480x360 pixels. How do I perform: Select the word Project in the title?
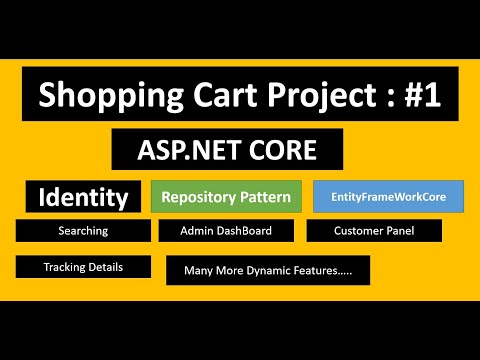coord(297,96)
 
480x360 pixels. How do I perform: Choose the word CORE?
coord(285,150)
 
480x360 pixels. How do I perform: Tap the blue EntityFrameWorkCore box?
coord(388,197)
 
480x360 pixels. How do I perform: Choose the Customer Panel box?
coord(374,231)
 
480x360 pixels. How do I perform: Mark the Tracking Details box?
coord(83,267)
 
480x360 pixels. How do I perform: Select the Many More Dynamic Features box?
coord(267,270)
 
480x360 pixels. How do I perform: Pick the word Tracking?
coord(66,267)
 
